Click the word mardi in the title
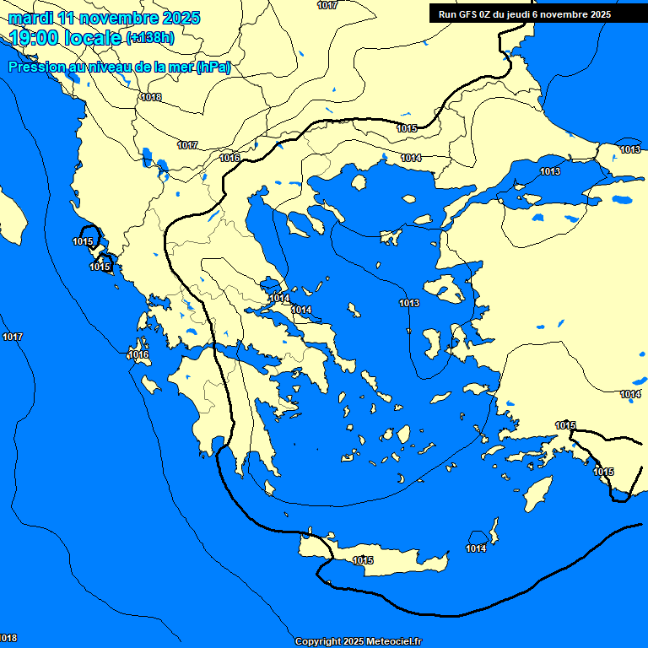pos(29,18)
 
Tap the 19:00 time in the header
pos(35,38)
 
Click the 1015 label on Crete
pos(363,560)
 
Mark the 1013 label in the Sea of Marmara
pos(550,172)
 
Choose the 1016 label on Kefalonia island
pos(139,354)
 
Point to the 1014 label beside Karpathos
pos(476,548)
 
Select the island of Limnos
pos(390,237)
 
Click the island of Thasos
pos(359,182)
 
